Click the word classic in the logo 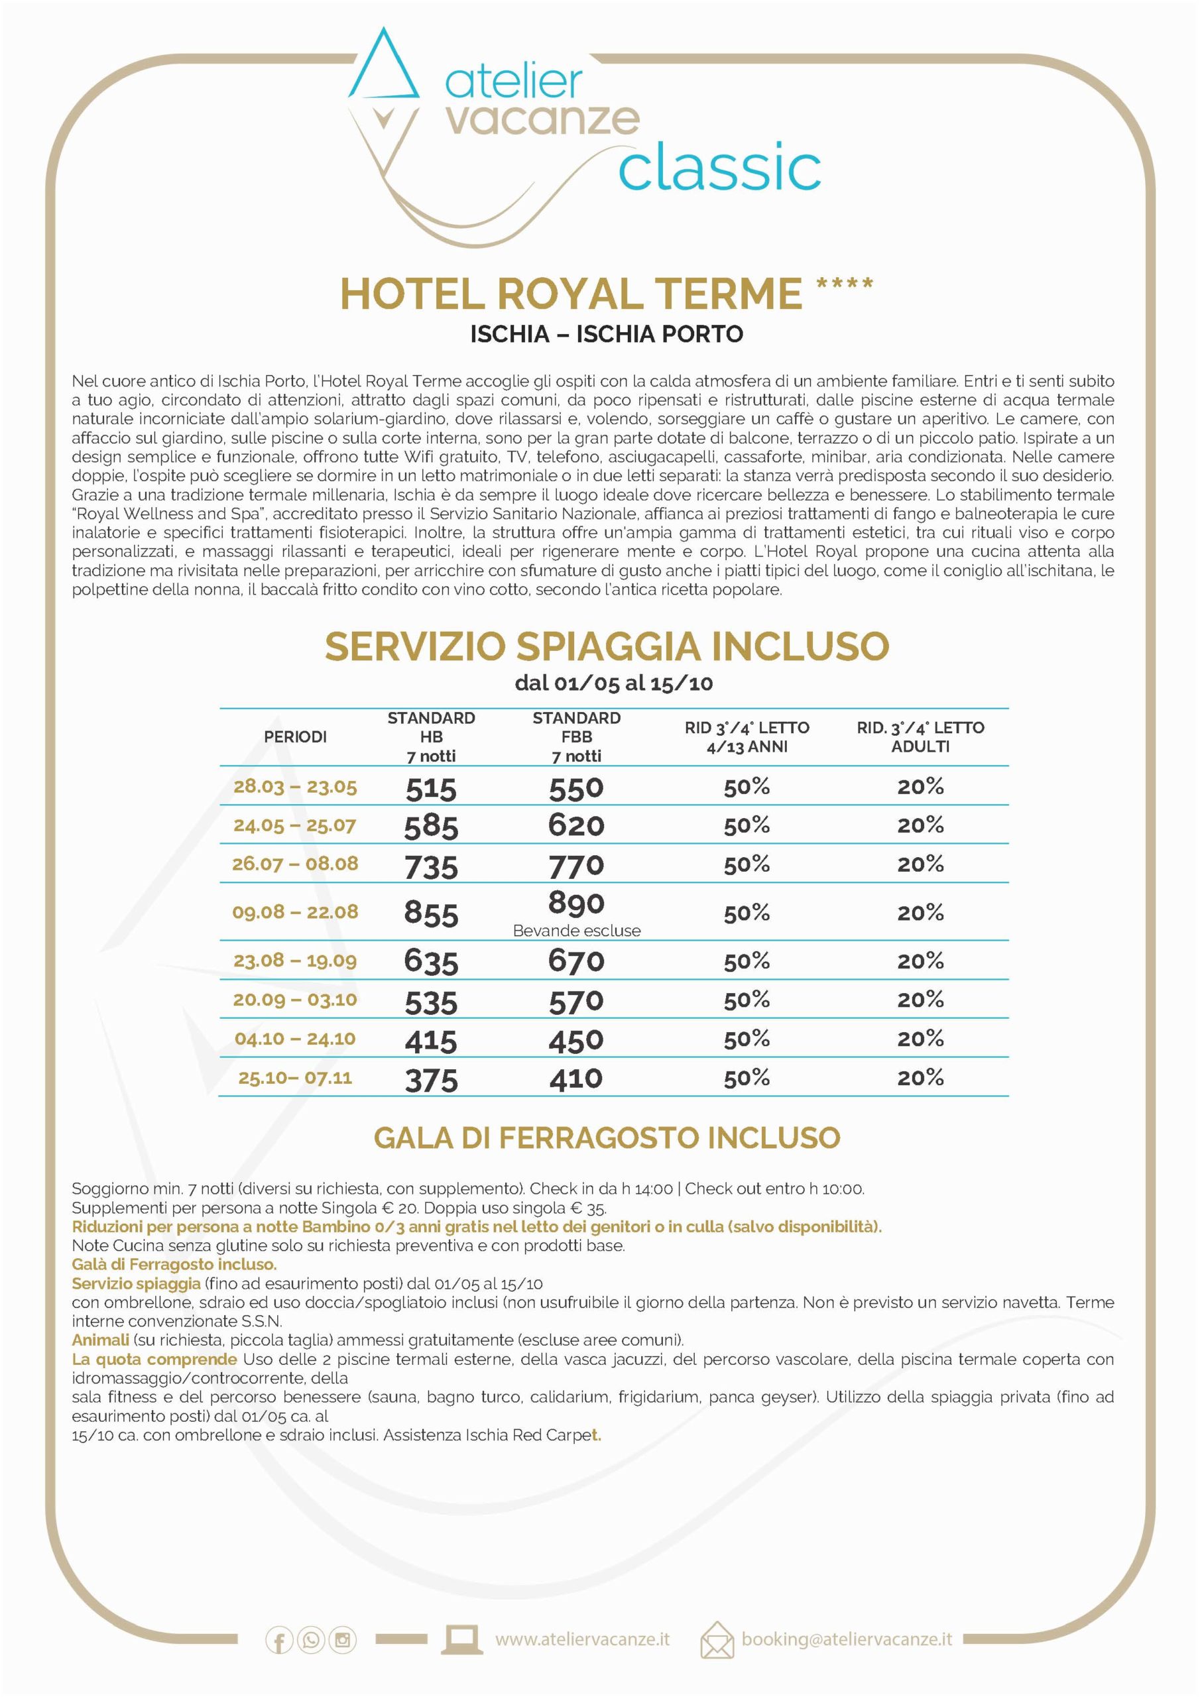pyautogui.click(x=719, y=168)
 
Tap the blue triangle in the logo pyautogui.click(x=384, y=70)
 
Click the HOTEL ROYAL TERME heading pyautogui.click(x=571, y=294)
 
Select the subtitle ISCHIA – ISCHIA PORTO pyautogui.click(x=606, y=334)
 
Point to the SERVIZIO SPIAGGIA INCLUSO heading pyautogui.click(x=606, y=646)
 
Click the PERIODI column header pyautogui.click(x=295, y=737)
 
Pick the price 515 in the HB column pyautogui.click(x=431, y=789)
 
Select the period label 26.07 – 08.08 pyautogui.click(x=295, y=863)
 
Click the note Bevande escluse pyautogui.click(x=576, y=931)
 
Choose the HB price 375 pyautogui.click(x=431, y=1081)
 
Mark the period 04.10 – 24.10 pyautogui.click(x=295, y=1039)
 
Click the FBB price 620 pyautogui.click(x=576, y=825)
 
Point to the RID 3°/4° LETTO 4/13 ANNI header pyautogui.click(x=747, y=737)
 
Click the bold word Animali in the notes pyautogui.click(x=100, y=1340)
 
